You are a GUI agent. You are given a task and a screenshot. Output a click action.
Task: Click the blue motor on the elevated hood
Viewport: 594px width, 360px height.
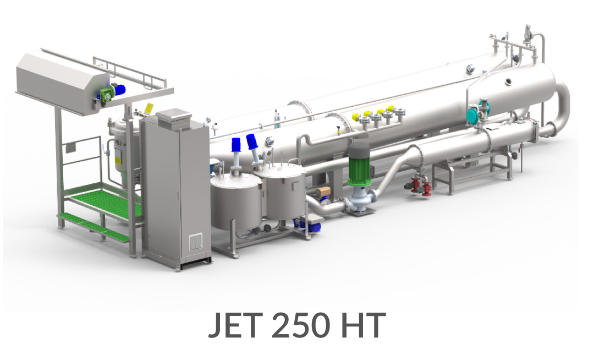(119, 90)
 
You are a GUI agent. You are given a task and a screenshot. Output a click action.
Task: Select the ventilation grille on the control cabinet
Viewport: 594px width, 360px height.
(195, 242)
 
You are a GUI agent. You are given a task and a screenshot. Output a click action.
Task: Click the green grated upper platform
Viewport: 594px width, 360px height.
(102, 202)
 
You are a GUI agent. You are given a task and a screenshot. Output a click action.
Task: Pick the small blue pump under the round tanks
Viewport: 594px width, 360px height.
(309, 225)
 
